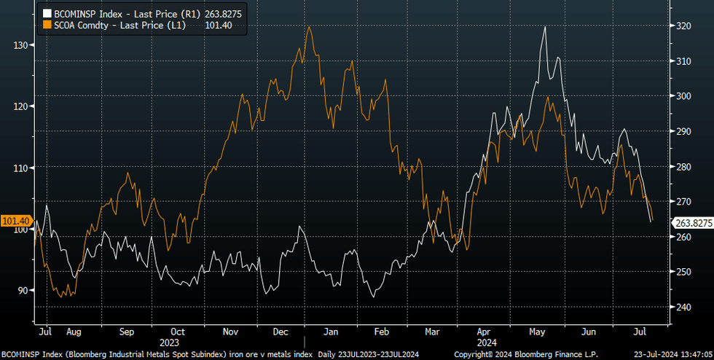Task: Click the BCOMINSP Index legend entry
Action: (138, 12)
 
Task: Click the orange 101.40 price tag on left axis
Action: (15, 220)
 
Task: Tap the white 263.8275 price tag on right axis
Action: (693, 224)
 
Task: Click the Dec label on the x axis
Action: (280, 332)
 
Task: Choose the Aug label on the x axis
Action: (74, 332)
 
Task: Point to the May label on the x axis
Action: (538, 332)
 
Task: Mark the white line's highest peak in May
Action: (545, 27)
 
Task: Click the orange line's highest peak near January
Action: (310, 27)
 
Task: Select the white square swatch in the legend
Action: (47, 13)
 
